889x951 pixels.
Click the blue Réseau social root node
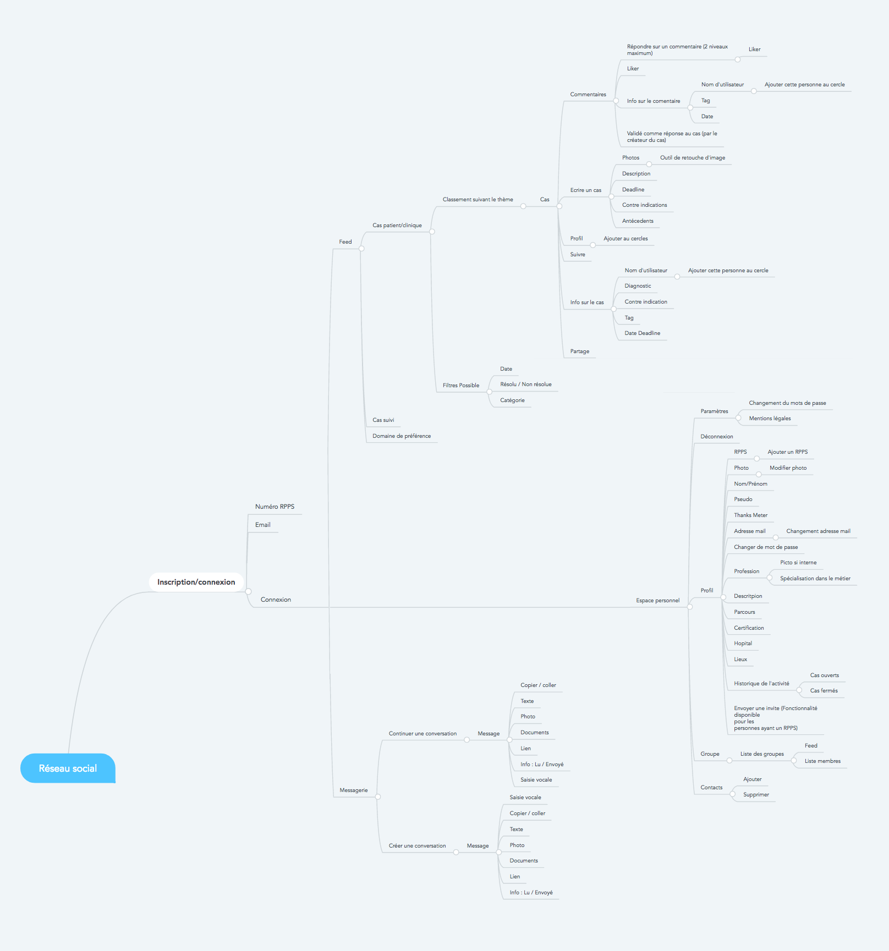68,768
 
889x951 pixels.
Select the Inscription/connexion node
196,582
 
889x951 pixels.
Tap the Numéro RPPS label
275,507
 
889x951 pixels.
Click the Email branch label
263,525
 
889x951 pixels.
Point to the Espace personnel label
657,601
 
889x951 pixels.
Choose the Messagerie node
353,790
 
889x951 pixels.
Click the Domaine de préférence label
402,436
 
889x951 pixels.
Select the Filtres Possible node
461,386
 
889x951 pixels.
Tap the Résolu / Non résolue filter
525,384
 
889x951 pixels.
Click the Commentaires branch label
588,95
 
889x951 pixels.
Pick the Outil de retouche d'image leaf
693,158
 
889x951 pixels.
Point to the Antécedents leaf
638,221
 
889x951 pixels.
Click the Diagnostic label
638,286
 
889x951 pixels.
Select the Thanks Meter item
750,515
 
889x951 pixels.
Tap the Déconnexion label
716,437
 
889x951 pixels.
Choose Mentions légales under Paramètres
770,419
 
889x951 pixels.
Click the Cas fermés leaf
824,691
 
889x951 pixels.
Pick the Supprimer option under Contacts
756,795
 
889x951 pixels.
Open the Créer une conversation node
417,846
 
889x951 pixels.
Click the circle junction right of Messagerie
378,796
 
